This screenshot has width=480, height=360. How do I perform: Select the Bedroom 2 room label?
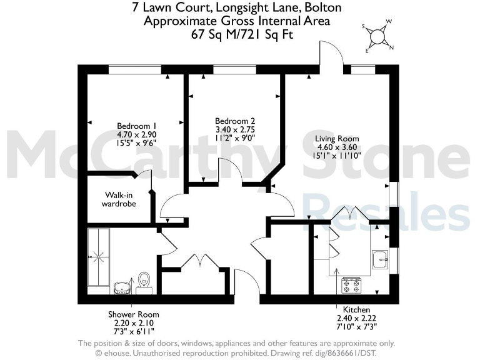coord(235,121)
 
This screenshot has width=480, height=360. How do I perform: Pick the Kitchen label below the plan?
coord(356,310)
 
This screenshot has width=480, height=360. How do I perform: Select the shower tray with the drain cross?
coord(98,256)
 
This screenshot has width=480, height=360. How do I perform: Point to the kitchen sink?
coord(379,259)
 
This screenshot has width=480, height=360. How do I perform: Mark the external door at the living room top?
coord(332,56)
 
